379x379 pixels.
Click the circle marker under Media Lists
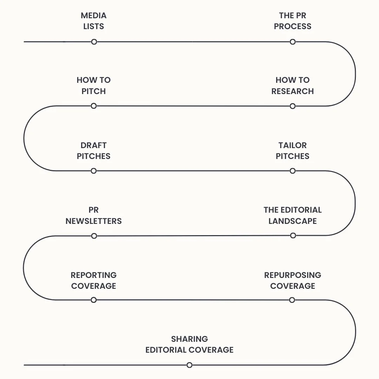[x=94, y=42]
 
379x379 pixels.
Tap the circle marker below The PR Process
[x=293, y=42]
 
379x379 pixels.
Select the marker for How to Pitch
[x=94, y=106]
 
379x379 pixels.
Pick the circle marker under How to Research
[x=293, y=106]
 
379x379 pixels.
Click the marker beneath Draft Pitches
[x=94, y=171]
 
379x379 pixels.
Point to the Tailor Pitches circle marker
[x=293, y=171]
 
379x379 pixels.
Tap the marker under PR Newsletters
[x=94, y=236]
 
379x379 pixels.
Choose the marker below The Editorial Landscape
[x=293, y=235]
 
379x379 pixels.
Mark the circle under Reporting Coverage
[x=94, y=300]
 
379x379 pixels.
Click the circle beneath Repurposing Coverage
[x=292, y=300]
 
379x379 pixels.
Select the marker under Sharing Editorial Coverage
[x=189, y=365]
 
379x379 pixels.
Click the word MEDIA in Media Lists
[x=94, y=15]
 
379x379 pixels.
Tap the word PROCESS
[x=293, y=26]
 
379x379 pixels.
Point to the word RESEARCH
[x=293, y=91]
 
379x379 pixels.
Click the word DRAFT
[x=94, y=145]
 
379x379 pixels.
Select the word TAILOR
[x=293, y=145]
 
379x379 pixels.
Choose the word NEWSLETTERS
[x=94, y=221]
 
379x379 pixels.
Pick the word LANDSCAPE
[x=293, y=221]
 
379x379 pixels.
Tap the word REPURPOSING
[x=293, y=275]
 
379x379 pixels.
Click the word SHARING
[x=189, y=339]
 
